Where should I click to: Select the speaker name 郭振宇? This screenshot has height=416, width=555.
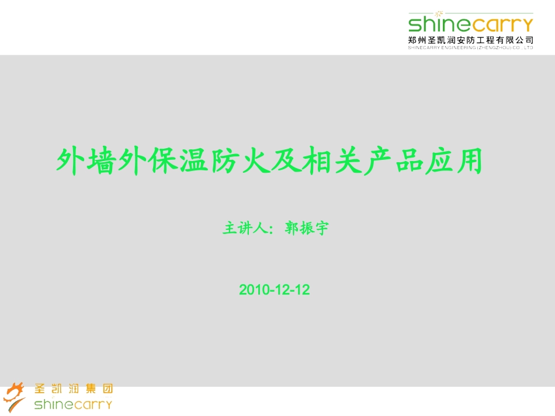[x=307, y=228]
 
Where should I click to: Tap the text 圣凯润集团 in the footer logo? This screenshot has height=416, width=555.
[x=74, y=389]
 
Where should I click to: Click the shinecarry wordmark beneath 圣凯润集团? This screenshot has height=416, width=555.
[x=73, y=404]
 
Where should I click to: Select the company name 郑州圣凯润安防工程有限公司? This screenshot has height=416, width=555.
[x=471, y=40]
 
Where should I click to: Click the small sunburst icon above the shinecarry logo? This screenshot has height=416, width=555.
[x=439, y=13]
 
